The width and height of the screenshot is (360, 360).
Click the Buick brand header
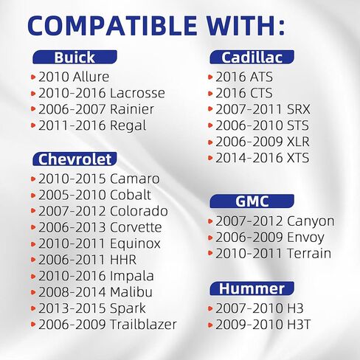75,57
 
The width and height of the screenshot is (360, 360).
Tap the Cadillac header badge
252,57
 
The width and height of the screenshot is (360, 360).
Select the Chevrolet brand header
75,159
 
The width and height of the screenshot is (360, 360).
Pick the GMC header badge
252,201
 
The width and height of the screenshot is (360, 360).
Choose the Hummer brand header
252,288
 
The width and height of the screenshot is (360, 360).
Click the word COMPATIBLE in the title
112,26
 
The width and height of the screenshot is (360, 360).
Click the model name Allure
91,77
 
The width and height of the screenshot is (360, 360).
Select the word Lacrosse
137,93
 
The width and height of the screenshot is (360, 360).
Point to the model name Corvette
136,227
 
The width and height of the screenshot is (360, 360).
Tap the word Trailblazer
143,324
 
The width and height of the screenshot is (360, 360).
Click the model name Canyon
311,221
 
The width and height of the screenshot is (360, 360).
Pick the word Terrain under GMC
309,253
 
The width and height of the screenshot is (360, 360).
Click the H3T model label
299,324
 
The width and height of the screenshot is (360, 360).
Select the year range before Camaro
72,179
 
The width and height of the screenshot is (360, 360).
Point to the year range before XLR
249,142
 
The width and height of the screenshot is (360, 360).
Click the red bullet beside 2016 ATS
210,77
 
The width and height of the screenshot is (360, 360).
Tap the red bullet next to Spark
33,308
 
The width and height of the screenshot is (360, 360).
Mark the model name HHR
123,260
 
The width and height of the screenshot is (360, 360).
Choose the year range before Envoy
249,238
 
